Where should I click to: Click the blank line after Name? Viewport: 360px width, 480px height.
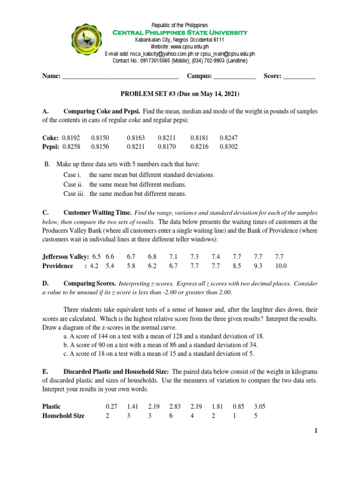tap(120, 77)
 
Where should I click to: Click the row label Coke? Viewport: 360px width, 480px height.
tap(50, 138)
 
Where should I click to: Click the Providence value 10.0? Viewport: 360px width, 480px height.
tap(280, 266)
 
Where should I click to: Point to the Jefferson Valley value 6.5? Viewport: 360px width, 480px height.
tap(97, 257)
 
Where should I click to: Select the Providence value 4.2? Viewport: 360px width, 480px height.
tap(94, 266)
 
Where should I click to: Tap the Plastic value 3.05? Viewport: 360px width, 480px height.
tap(259, 406)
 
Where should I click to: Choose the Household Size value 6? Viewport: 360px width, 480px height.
tap(172, 416)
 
